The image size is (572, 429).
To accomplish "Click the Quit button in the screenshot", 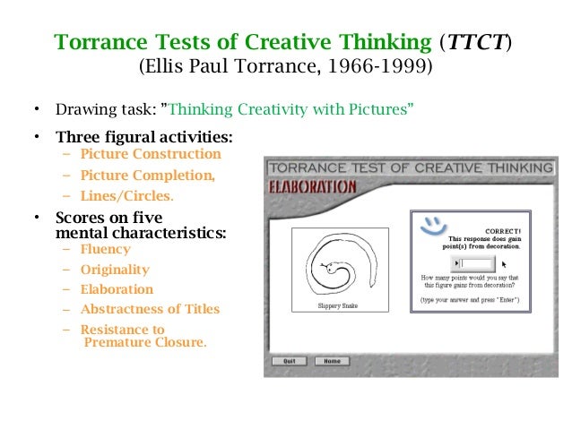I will pyautogui.click(x=289, y=361).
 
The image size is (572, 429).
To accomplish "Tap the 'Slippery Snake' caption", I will pyautogui.click(x=339, y=305).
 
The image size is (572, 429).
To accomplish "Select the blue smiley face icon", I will pyautogui.click(x=433, y=221).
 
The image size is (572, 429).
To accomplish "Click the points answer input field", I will pyautogui.click(x=476, y=263).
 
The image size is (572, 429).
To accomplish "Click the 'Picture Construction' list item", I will pyautogui.click(x=151, y=154).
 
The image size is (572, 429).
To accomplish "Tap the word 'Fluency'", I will pyautogui.click(x=105, y=250).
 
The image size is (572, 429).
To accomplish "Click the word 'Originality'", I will pyautogui.click(x=115, y=270).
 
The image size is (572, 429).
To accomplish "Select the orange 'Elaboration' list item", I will pyautogui.click(x=117, y=289).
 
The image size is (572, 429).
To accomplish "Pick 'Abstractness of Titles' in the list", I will pyautogui.click(x=150, y=310).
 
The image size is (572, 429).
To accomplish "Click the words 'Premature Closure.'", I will pyautogui.click(x=144, y=341).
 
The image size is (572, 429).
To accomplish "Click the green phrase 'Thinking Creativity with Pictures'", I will pyautogui.click(x=290, y=111).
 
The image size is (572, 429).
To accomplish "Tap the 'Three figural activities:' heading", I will pyautogui.click(x=143, y=138).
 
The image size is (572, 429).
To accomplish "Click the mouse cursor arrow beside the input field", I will pyautogui.click(x=504, y=264).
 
